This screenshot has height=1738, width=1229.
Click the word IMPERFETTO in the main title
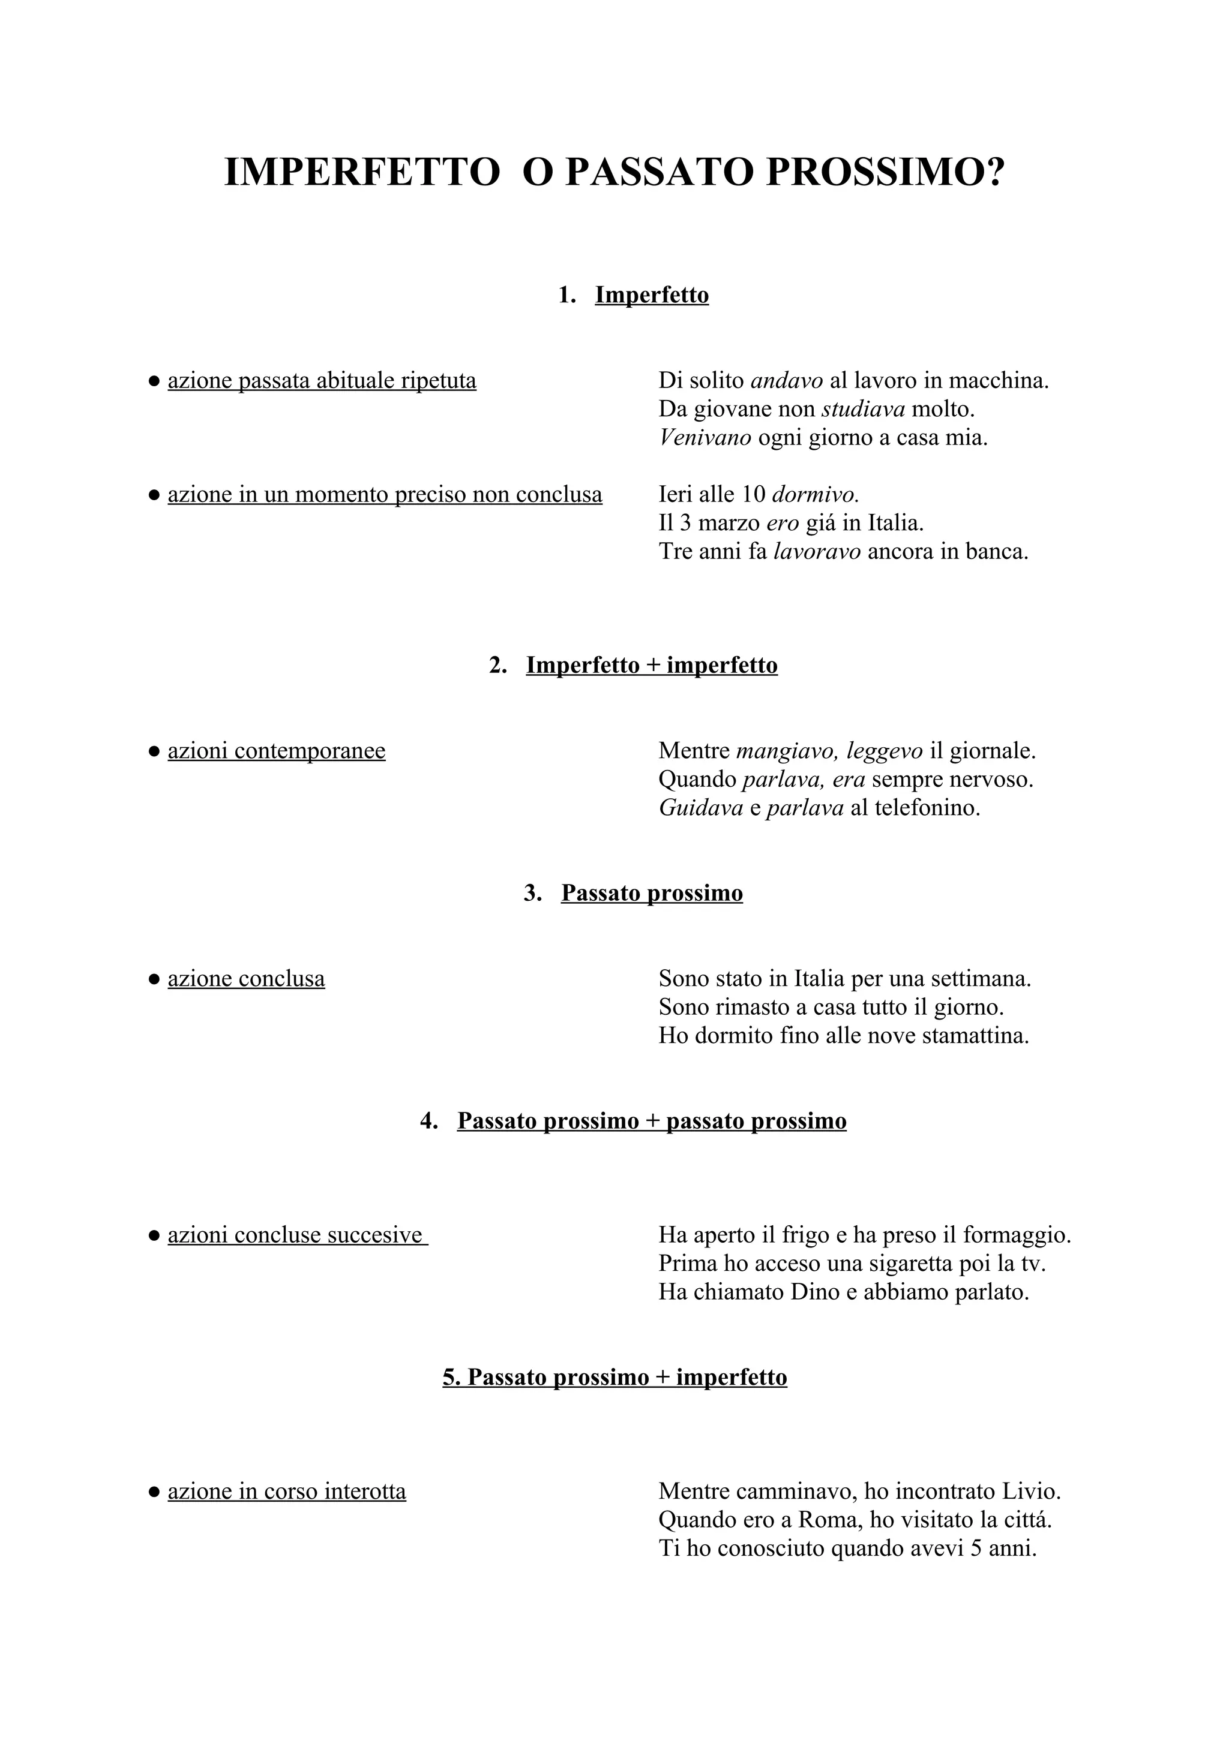(x=362, y=173)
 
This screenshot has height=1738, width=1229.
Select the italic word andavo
(x=786, y=380)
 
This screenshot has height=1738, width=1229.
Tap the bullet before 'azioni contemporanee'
(x=154, y=751)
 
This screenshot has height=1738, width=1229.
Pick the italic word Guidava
(x=700, y=808)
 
